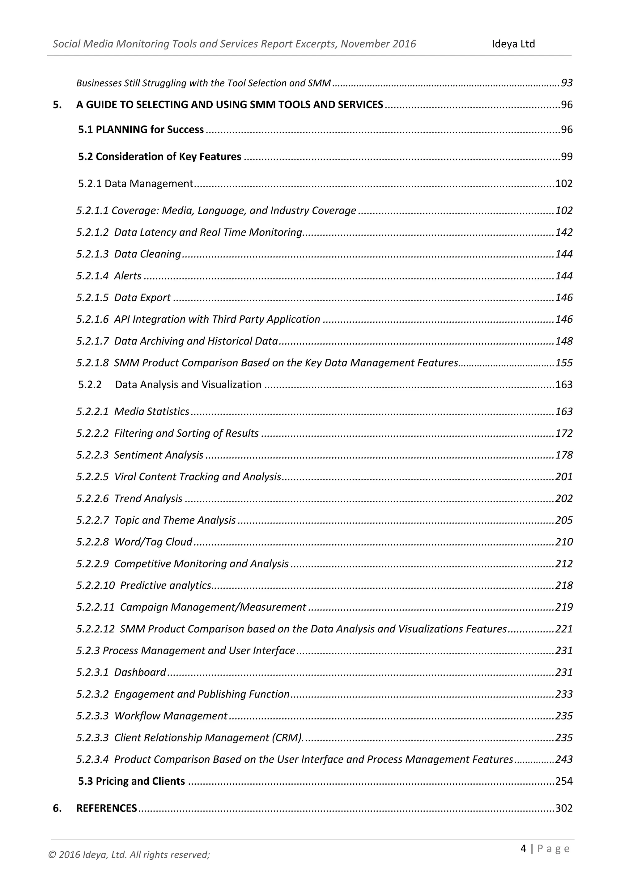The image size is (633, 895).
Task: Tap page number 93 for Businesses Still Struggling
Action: point(566,83)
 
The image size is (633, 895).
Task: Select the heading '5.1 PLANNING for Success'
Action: point(141,129)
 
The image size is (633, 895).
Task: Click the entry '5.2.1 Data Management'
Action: point(135,184)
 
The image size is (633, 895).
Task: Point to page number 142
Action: point(564,232)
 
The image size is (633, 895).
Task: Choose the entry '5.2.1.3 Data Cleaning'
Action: point(129,254)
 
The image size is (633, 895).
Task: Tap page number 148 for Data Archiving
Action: point(564,341)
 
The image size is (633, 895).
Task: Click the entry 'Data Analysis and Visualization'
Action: point(188,385)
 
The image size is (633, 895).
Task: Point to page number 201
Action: point(564,477)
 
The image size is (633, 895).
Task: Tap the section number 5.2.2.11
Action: point(96,607)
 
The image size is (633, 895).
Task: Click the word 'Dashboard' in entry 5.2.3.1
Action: point(140,672)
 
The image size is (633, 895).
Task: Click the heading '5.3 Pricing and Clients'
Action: point(131,781)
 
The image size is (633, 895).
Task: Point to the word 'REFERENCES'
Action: point(106,808)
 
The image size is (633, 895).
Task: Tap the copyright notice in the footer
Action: point(129,855)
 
